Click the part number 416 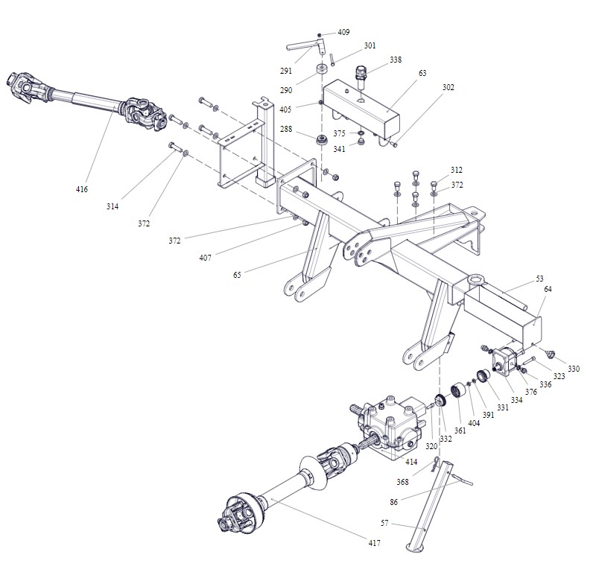[81, 189]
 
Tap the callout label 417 [374, 543]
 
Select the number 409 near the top [343, 32]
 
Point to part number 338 [395, 60]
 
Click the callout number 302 [448, 87]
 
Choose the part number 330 [573, 369]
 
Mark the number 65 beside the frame [237, 275]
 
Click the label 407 [205, 258]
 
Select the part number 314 [112, 206]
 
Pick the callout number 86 [393, 502]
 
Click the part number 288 [285, 130]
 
